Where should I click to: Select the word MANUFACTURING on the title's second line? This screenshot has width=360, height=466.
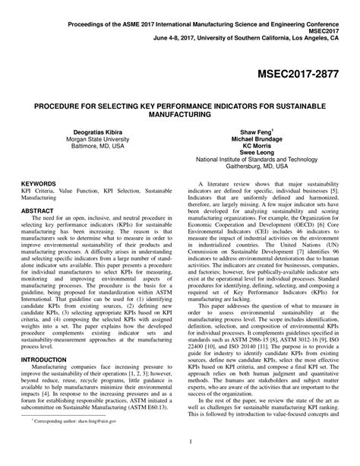[179, 114]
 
